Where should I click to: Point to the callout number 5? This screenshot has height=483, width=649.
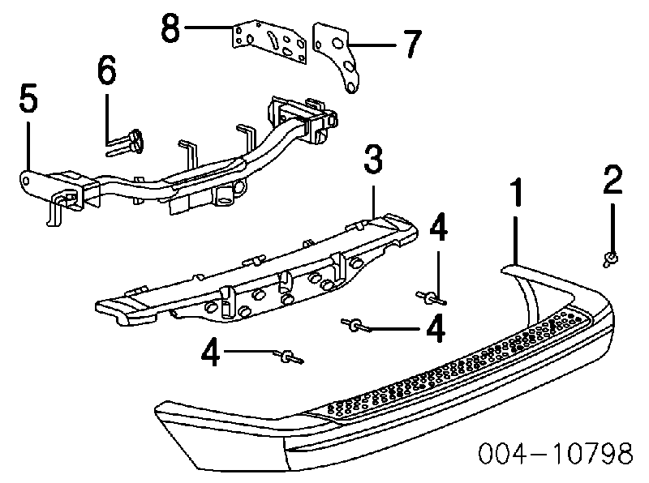pyautogui.click(x=27, y=102)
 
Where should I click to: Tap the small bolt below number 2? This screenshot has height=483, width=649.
pyautogui.click(x=609, y=259)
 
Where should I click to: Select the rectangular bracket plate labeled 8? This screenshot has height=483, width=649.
pyautogui.click(x=270, y=45)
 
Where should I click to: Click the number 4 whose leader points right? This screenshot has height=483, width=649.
pyautogui.click(x=212, y=353)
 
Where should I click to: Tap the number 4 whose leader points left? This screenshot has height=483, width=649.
pyautogui.click(x=436, y=328)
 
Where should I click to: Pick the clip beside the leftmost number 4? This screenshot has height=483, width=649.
pyautogui.click(x=286, y=357)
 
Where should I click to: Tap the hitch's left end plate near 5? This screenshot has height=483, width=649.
pyautogui.click(x=32, y=180)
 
